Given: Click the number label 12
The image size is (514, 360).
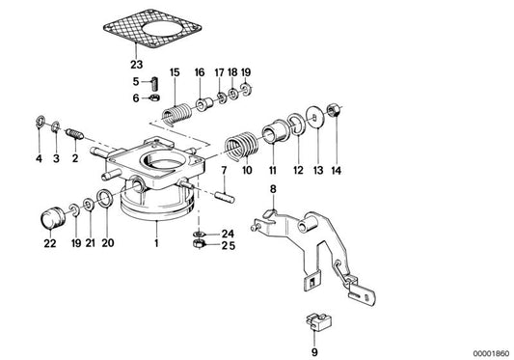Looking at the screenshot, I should (x=295, y=170).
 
